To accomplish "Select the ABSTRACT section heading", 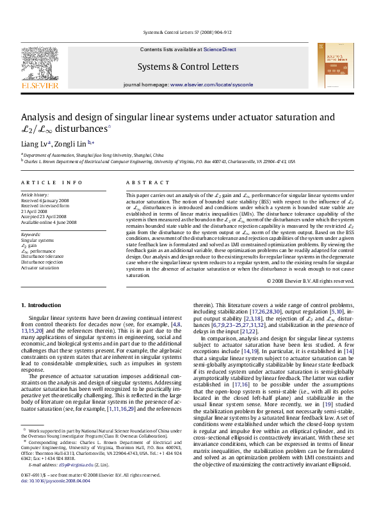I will pos(143,182).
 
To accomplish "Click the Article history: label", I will pos(36,193).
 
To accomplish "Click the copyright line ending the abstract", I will pos(310,281).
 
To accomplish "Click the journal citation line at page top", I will pos(191,31).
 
